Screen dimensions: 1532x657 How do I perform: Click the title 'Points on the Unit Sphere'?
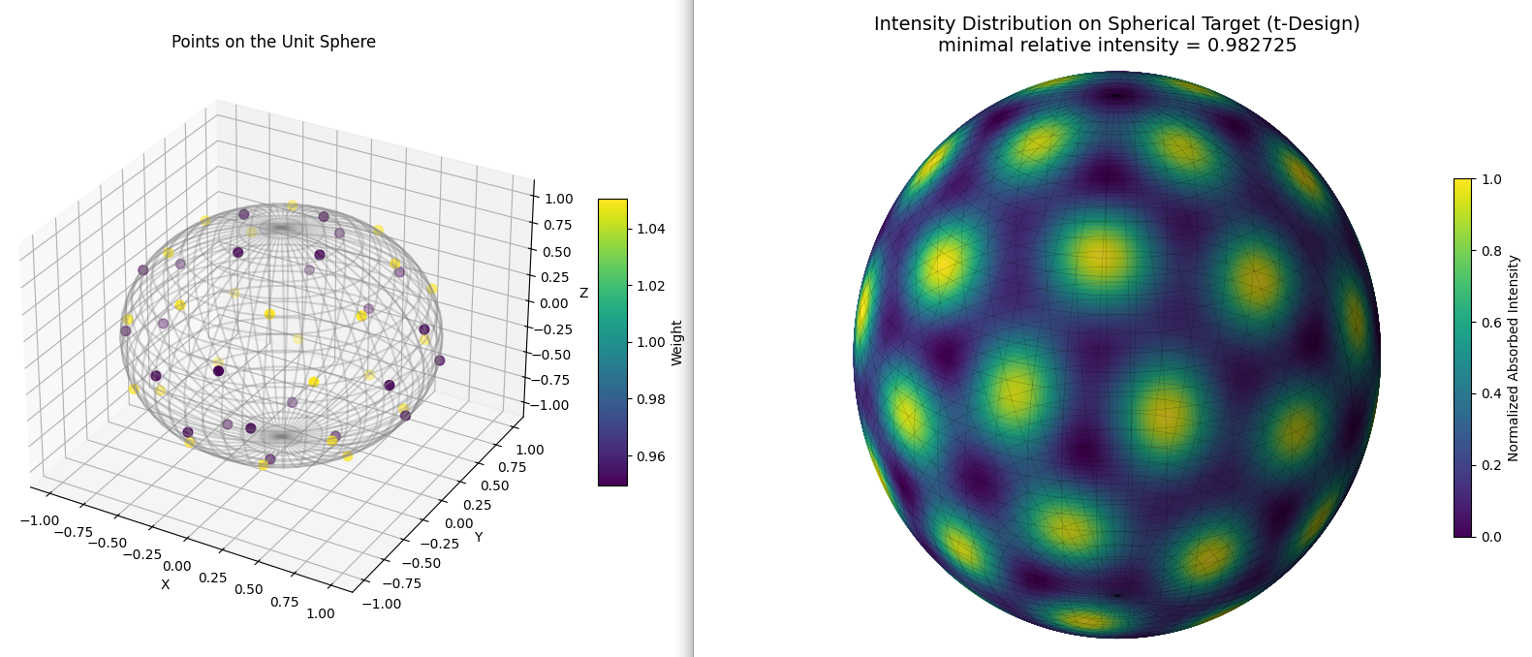pos(273,42)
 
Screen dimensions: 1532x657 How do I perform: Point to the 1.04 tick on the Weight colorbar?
pos(651,229)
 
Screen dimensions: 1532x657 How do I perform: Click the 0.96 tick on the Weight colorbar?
pos(651,456)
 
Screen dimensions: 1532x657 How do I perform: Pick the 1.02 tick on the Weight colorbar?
pos(651,285)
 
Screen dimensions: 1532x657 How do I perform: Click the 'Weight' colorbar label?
pos(677,343)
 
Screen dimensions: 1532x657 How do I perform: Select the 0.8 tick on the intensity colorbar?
pos(1491,251)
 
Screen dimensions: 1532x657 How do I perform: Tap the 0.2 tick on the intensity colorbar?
pos(1491,465)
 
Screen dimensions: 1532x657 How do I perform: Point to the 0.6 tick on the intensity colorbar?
pos(1491,322)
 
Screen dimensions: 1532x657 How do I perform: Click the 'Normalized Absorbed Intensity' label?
pos(1513,359)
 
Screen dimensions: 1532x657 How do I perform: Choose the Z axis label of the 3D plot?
pos(584,293)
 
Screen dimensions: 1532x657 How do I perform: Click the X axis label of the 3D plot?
pos(165,584)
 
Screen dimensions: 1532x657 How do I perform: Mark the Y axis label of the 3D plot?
pos(479,538)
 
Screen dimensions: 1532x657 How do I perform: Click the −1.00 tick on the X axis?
pos(40,520)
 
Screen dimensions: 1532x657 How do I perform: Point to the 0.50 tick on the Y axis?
pos(494,485)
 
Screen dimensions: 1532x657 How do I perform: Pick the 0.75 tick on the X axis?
pos(285,602)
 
